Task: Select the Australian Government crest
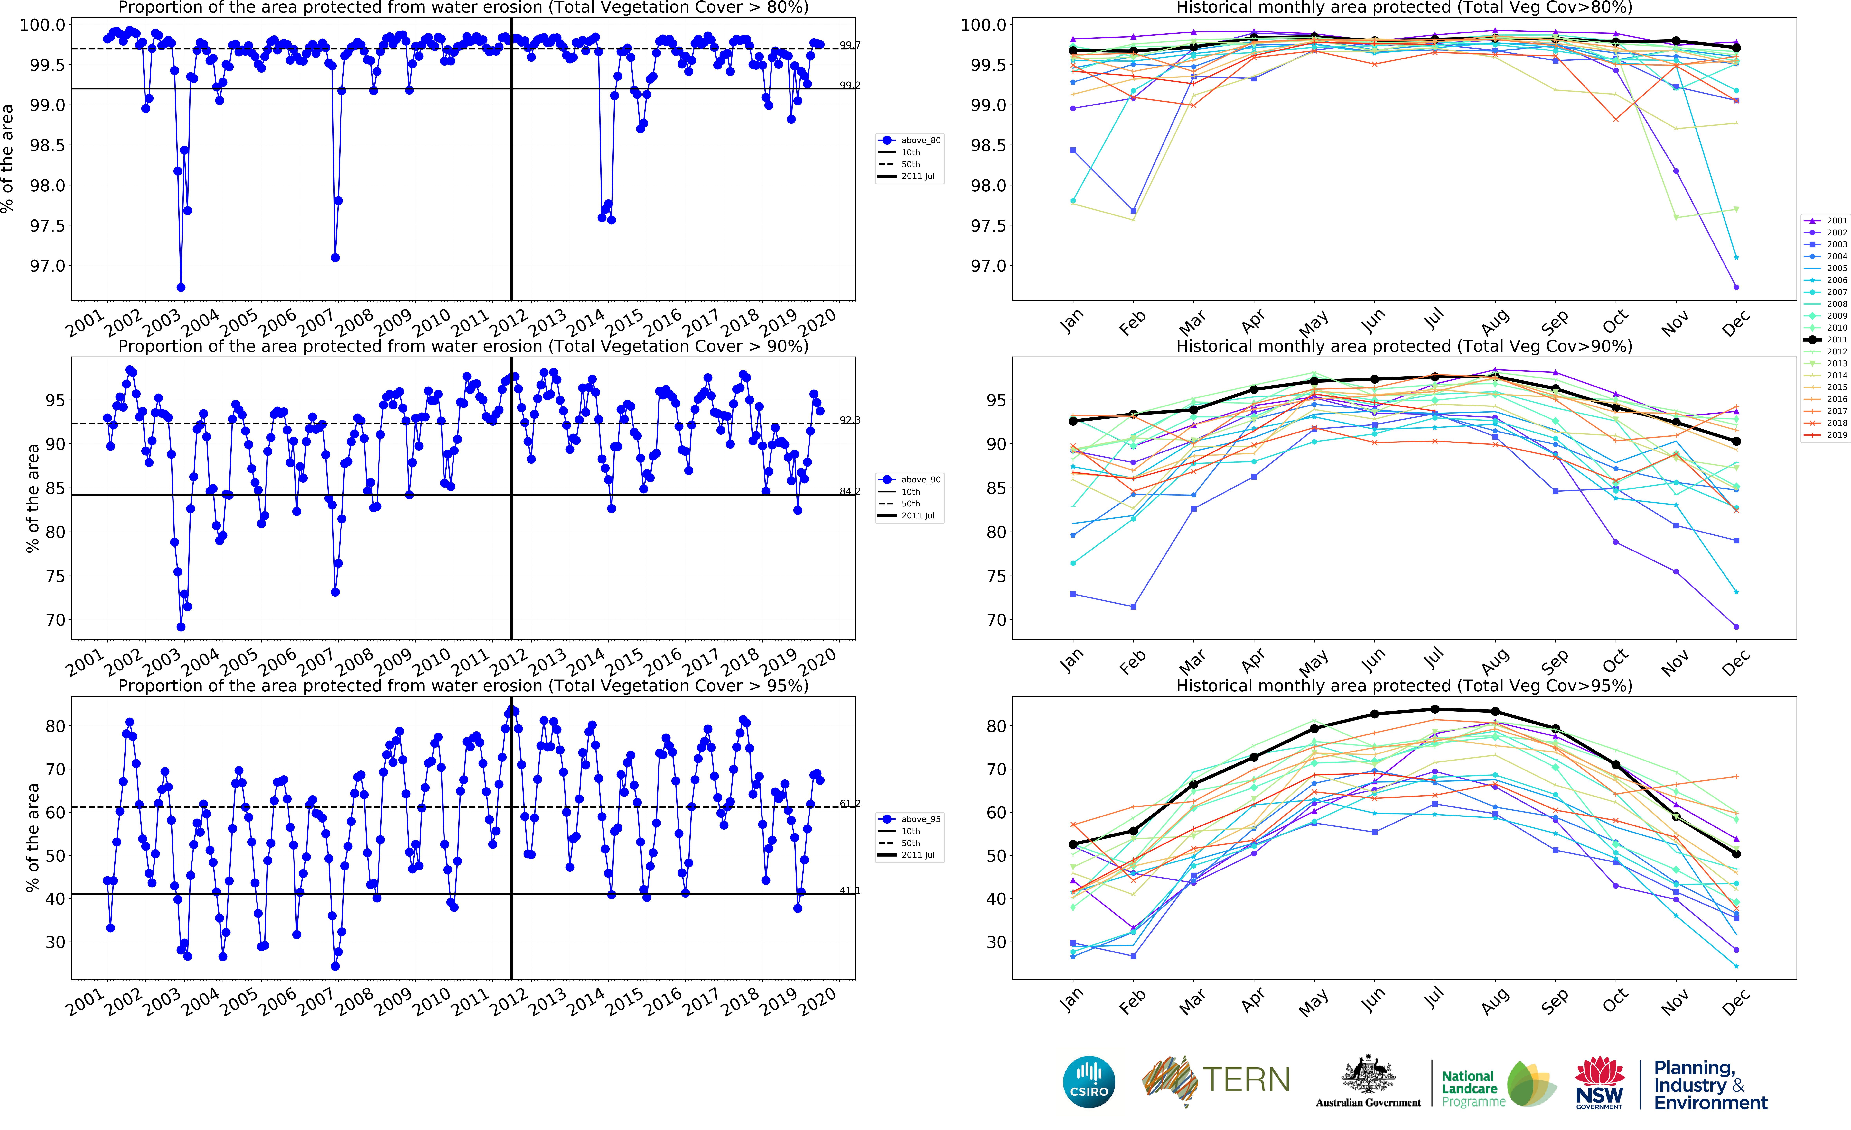click(x=1368, y=1075)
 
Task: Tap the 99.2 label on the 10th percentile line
click(x=850, y=85)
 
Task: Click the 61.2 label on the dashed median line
click(x=850, y=803)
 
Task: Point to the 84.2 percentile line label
click(x=850, y=491)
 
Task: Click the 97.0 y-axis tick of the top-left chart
click(x=47, y=266)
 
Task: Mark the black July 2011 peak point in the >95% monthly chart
click(x=1435, y=710)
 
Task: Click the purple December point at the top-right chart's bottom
click(x=1736, y=287)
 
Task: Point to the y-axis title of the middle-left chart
click(x=32, y=498)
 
